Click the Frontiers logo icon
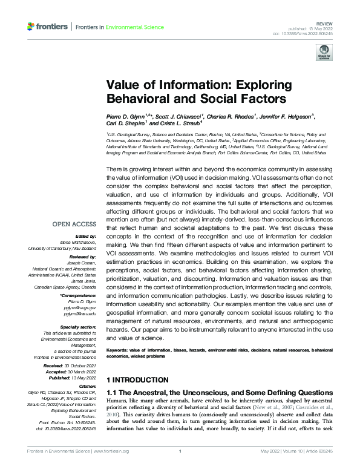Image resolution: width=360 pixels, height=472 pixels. point(31,27)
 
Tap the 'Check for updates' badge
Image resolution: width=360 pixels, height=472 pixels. point(324,54)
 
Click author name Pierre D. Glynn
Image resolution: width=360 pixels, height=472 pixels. point(131,116)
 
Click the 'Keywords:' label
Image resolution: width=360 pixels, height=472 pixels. point(120,350)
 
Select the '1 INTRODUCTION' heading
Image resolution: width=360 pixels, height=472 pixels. point(137,380)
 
